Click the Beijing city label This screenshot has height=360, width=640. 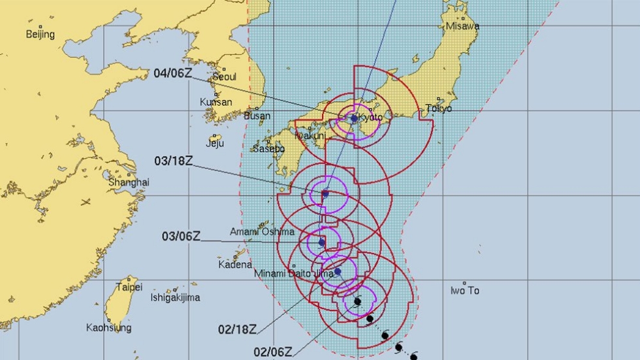[40, 35]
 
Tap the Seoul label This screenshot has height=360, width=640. [223, 77]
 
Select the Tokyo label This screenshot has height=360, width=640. [438, 108]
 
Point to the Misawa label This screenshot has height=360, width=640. [462, 26]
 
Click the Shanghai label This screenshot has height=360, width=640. [128, 182]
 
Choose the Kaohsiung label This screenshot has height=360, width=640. [108, 327]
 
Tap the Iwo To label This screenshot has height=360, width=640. [465, 290]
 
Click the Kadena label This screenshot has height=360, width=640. [234, 265]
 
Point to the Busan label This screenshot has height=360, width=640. [257, 116]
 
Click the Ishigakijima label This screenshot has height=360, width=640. [176, 298]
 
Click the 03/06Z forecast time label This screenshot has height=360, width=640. [181, 236]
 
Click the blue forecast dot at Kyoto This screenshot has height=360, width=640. [354, 119]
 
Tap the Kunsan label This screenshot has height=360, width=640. [216, 103]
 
